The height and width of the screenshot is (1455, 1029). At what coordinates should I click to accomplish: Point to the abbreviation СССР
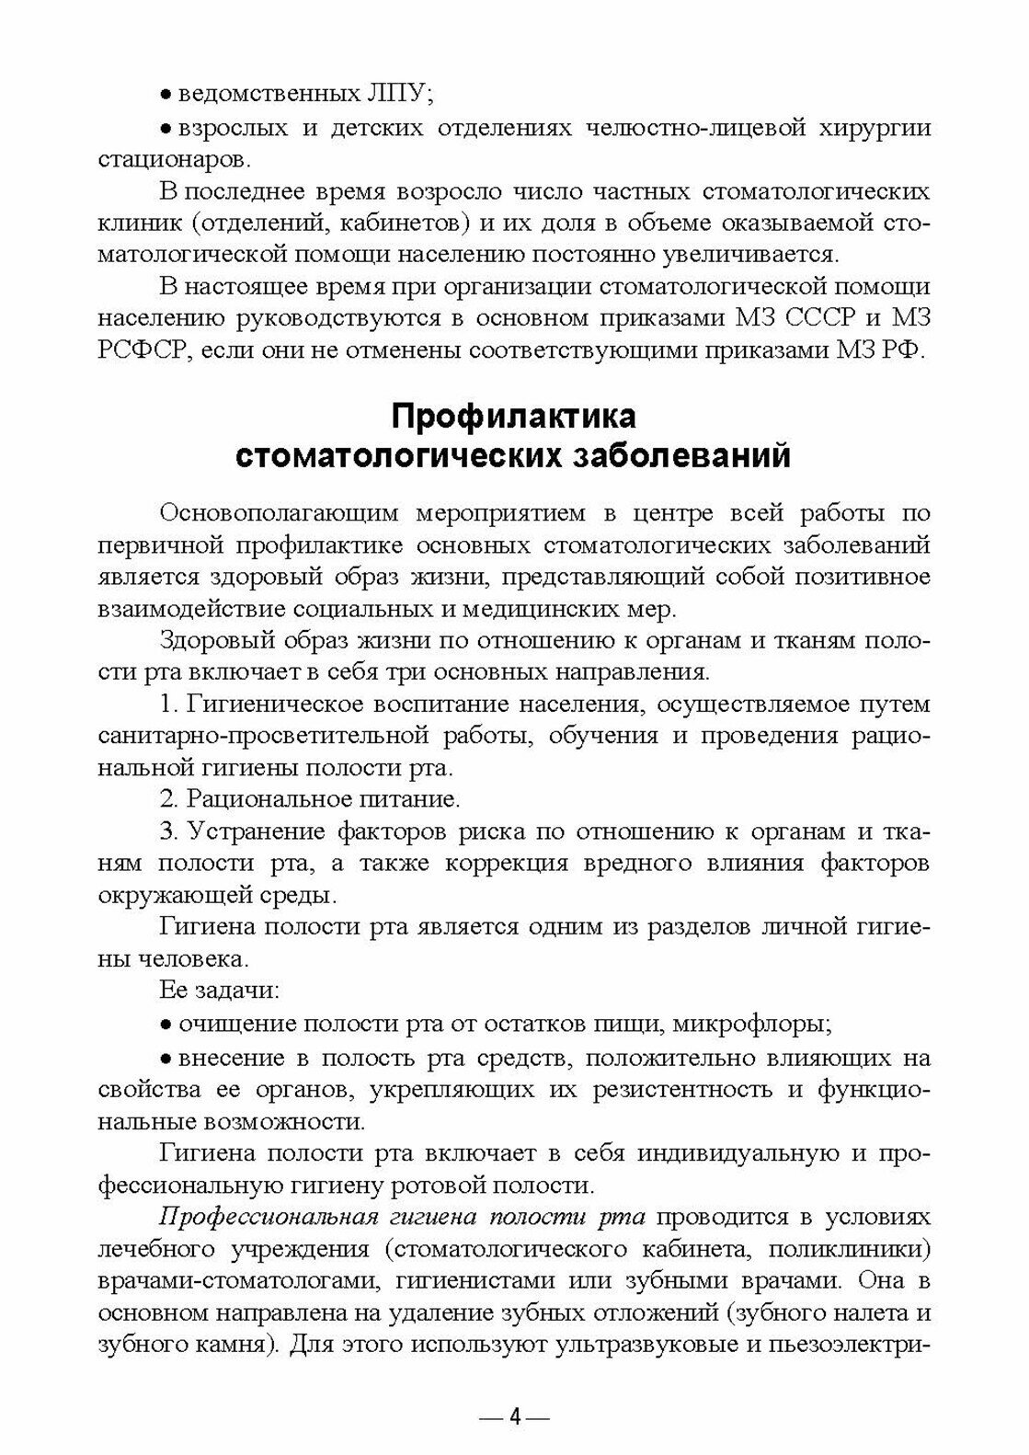(810, 319)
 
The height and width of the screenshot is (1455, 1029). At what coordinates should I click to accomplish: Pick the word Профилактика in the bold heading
(514, 417)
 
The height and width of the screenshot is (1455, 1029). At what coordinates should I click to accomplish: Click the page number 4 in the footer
(514, 1416)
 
